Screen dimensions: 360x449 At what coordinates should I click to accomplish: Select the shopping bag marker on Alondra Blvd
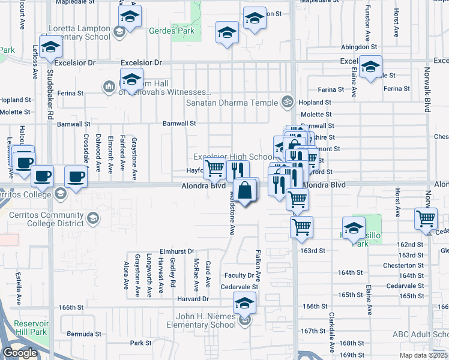coord(245,191)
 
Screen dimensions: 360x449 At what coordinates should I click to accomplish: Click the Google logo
coord(20,353)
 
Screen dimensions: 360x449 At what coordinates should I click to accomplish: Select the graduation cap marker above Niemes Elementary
coord(244,305)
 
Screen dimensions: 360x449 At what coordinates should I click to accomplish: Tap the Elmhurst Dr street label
coord(177,251)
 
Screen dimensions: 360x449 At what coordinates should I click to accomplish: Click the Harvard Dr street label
coord(193,299)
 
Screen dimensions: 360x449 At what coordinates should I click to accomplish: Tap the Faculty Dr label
coord(240,275)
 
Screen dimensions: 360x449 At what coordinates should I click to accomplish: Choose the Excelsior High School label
coord(233,157)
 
